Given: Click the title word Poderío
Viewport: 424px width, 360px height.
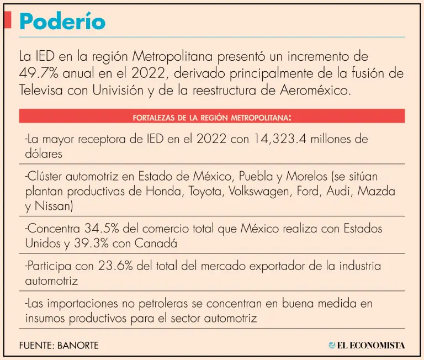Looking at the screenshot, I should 62,22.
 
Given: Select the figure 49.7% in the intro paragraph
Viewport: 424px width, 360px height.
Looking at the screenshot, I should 38,73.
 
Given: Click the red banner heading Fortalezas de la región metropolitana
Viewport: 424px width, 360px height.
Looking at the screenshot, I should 212,117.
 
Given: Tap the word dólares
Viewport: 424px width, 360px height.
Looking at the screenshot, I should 44,155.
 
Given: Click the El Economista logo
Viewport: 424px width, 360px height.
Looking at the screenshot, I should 367,346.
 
